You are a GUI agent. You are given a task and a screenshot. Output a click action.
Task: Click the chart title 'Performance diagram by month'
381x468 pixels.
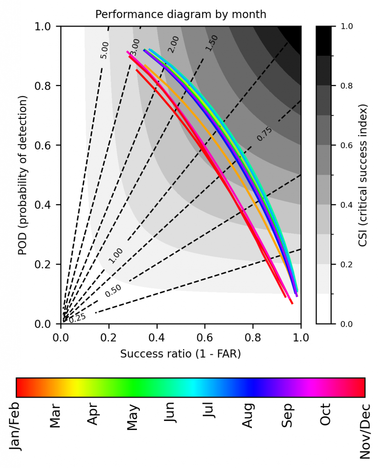click(180, 14)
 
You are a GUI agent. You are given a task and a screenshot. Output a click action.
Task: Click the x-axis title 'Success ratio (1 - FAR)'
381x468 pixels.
click(180, 353)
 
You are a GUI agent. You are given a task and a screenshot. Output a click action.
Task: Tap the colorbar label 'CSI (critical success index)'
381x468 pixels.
click(363, 175)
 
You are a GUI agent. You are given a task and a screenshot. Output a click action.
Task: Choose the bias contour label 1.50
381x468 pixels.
click(211, 43)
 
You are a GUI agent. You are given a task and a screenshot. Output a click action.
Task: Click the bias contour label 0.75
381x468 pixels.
click(264, 134)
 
